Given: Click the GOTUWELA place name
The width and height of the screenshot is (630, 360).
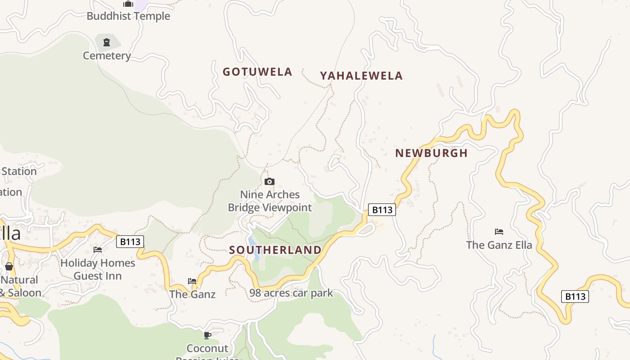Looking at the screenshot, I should pos(257,72).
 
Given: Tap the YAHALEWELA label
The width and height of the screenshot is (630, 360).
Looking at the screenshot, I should pos(361,76).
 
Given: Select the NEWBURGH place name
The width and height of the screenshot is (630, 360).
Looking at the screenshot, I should pos(431,153).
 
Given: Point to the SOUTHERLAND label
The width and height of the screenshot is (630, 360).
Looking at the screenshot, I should pos(275,250).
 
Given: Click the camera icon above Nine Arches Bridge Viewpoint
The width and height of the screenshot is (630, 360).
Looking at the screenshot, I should pos(270,182).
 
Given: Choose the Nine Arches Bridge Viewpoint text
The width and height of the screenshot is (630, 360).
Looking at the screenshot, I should pos(270,201).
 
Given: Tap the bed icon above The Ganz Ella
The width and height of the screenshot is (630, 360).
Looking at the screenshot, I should pos(499,232).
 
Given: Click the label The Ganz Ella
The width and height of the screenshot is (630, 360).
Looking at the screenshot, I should pos(499,245).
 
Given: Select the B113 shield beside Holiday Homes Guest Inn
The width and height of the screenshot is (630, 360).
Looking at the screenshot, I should pos(130,242).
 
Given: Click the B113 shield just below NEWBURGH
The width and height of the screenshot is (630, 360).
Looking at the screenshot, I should pos(382,210).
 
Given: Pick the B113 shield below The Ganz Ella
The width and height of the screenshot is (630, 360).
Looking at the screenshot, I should pos(575,297).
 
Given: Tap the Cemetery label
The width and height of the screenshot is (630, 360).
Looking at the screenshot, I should pos(107,56).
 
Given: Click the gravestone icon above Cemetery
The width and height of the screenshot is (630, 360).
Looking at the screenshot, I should pos(107,43).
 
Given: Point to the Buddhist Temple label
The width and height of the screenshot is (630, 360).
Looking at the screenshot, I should pos(128,16).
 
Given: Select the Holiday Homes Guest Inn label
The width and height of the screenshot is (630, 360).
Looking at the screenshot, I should pos(98,269).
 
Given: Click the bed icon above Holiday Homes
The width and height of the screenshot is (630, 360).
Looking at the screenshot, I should pos(98,249).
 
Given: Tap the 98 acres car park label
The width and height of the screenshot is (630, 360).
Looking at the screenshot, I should pos(291,293).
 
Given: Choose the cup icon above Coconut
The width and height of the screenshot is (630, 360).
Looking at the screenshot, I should pos(207,335).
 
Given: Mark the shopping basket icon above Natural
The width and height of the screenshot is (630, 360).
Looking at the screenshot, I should pos(9,266).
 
